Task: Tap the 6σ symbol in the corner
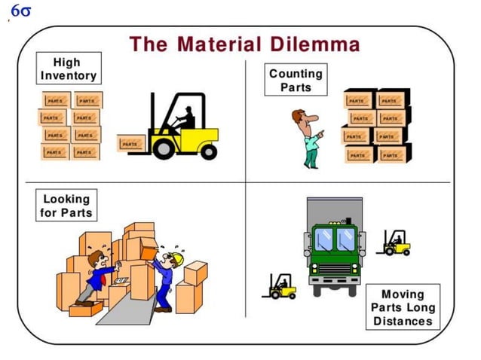[x=20, y=13]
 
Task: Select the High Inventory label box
[x=68, y=69]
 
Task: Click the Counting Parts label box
[x=296, y=80]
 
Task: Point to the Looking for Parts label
[x=66, y=206]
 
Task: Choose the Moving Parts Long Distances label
[x=403, y=307]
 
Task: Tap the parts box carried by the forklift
[x=130, y=143]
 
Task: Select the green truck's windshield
[x=335, y=239]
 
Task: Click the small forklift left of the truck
[x=280, y=286]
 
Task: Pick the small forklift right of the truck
[x=395, y=243]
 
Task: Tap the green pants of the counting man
[x=311, y=157]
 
